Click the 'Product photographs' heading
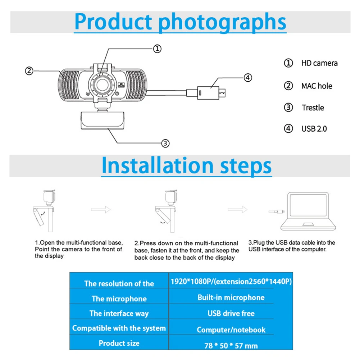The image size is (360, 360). click(180, 22)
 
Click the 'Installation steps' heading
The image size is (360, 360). click(186, 165)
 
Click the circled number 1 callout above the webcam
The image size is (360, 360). click(157, 49)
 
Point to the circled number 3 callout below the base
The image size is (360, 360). click(165, 143)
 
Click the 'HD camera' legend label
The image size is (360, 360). click(319, 63)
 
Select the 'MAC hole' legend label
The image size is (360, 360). click(316, 86)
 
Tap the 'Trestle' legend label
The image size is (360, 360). click(313, 108)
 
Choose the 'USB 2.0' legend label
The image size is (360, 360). click(314, 128)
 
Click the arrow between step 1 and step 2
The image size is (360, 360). click(100, 209)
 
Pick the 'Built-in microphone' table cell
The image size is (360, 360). click(231, 297)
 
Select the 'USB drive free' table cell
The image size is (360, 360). click(231, 313)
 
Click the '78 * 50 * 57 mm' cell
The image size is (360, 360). click(231, 346)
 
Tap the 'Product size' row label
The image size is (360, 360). click(119, 343)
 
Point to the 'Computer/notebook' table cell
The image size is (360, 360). click(231, 329)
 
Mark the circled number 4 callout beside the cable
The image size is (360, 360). click(247, 77)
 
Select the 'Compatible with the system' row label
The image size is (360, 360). click(119, 328)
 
